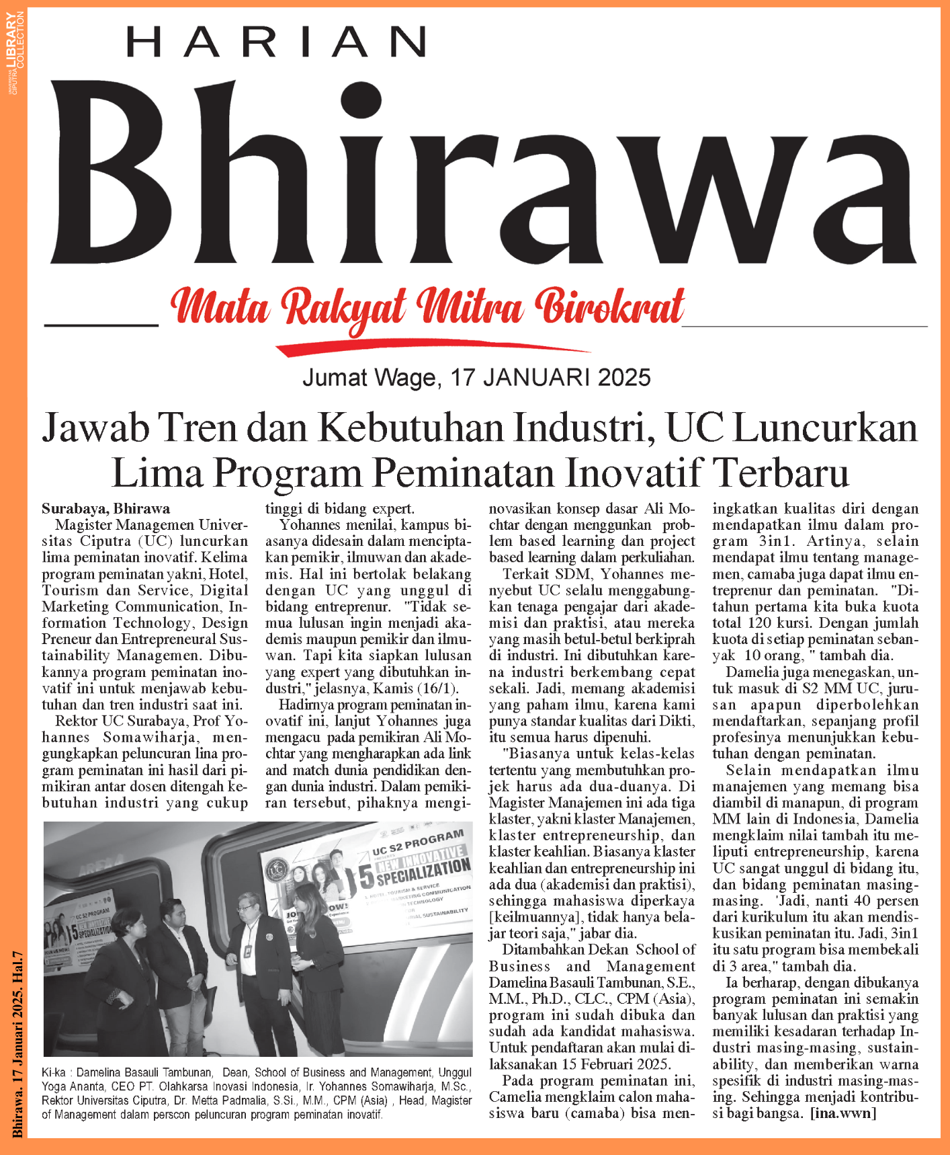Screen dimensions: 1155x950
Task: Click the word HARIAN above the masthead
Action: coord(275,42)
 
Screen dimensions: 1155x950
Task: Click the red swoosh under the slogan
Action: coord(430,346)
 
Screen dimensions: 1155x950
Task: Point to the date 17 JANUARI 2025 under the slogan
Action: coord(550,378)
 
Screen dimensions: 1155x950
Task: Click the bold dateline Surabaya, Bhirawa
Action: coord(105,509)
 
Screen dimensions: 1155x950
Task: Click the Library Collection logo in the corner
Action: coord(15,50)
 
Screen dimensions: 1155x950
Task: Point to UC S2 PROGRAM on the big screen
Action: coord(418,843)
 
